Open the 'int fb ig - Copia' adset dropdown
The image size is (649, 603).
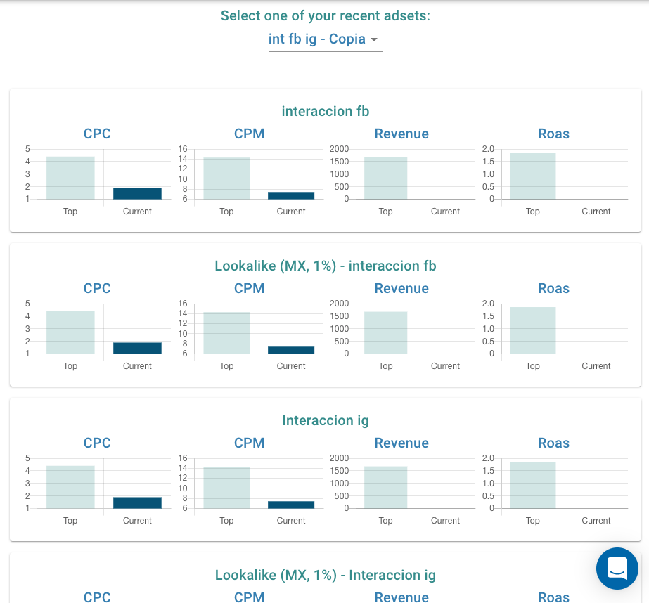click(324, 39)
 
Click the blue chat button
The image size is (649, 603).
click(617, 568)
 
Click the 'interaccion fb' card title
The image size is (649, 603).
click(325, 111)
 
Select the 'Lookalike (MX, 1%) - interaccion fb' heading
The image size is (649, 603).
click(325, 266)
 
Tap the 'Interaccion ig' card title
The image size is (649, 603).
click(325, 420)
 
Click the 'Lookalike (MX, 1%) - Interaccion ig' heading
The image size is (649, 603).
click(325, 575)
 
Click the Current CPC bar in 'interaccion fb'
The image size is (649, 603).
click(137, 193)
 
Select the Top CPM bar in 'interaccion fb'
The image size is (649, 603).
click(226, 178)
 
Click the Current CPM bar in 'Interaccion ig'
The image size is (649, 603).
click(291, 505)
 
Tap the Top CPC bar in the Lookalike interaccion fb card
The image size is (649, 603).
click(70, 332)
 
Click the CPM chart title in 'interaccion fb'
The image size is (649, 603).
click(249, 134)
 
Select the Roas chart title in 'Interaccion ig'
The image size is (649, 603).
click(553, 443)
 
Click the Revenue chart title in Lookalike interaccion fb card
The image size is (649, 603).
click(401, 288)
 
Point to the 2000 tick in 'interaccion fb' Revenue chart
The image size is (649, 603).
click(339, 149)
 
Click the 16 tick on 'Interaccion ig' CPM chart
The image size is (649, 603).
click(183, 458)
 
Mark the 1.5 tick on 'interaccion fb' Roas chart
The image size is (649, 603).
click(488, 162)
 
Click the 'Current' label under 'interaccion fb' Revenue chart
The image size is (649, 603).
click(445, 212)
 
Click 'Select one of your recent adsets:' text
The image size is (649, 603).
click(325, 15)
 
